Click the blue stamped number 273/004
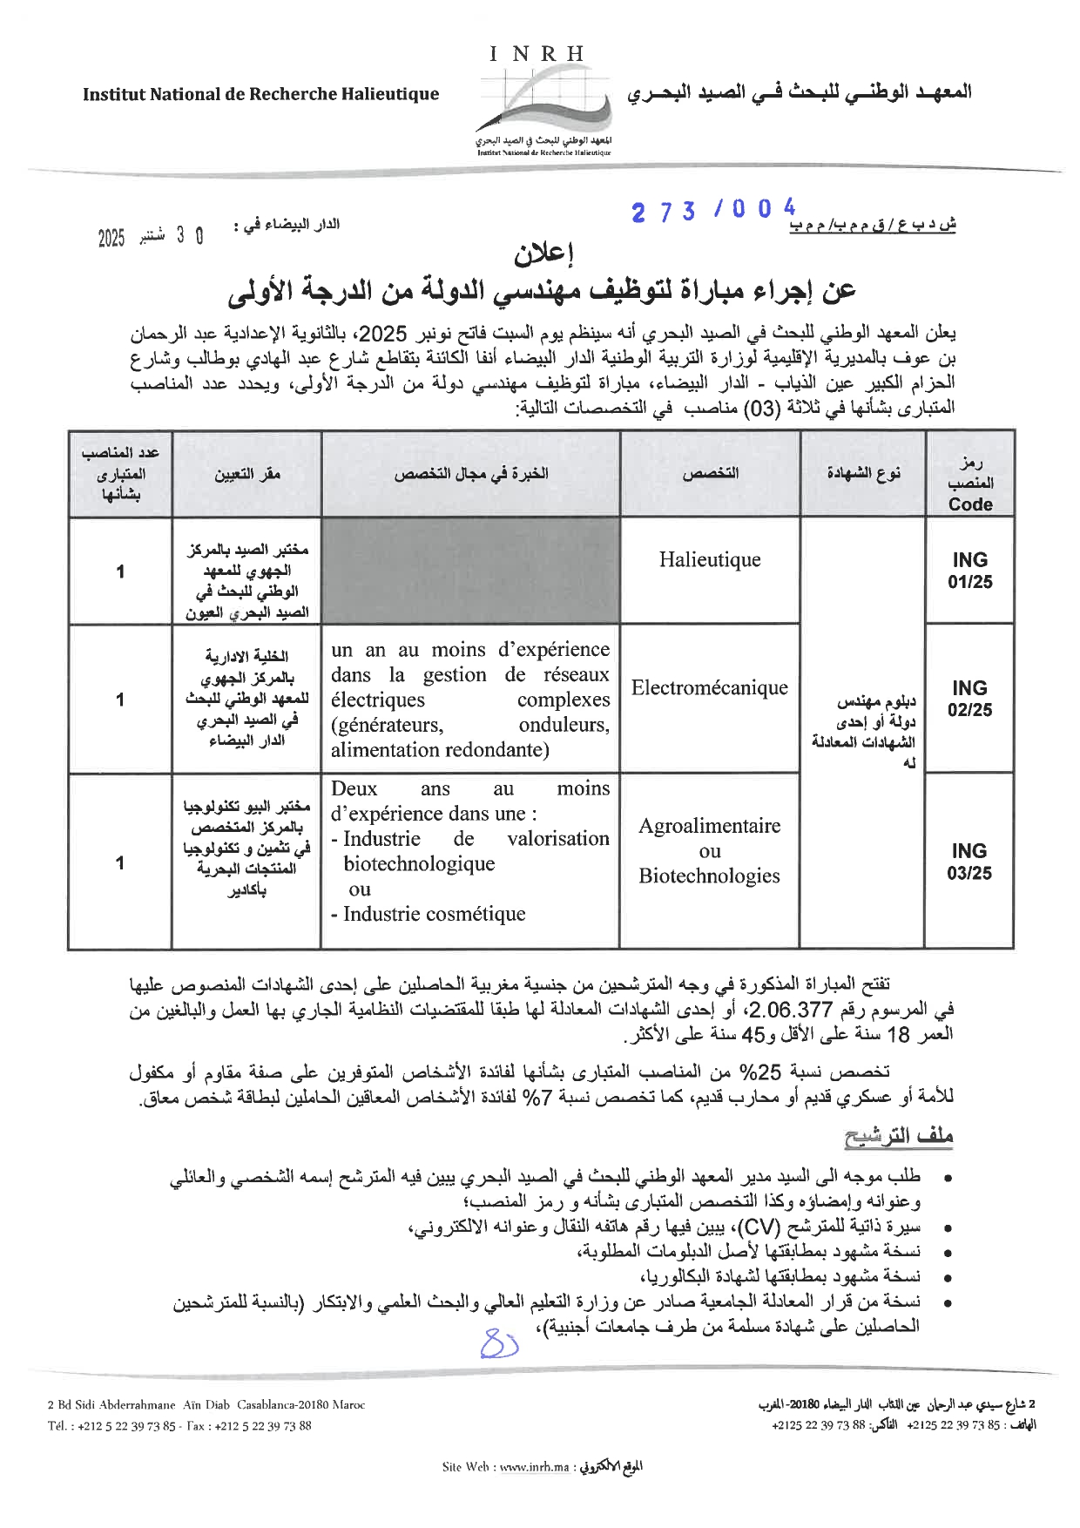(x=713, y=210)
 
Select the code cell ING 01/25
(x=969, y=571)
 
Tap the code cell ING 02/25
(x=969, y=699)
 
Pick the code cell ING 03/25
(x=969, y=862)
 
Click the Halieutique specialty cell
(x=709, y=559)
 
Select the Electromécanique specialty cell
(x=709, y=687)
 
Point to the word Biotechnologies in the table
(x=709, y=876)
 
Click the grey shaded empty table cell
(x=470, y=571)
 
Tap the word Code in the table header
(x=970, y=504)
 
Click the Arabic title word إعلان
(x=544, y=254)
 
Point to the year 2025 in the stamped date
(x=111, y=238)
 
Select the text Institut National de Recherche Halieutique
(x=260, y=94)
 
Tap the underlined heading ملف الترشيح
(x=898, y=1136)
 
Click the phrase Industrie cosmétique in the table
(x=434, y=914)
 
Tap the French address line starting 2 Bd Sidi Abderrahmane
(x=206, y=1404)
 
